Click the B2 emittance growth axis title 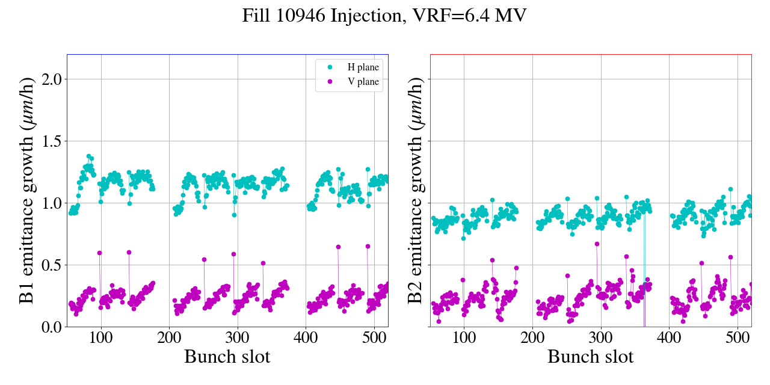416,190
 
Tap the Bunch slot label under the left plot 227,357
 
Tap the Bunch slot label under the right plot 590,357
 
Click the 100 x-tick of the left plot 101,337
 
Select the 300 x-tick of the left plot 238,337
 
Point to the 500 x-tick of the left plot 374,337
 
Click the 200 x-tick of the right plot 532,337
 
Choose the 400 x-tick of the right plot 669,337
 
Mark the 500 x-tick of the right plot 738,337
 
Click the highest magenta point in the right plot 597,244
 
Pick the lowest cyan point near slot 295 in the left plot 234,215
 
